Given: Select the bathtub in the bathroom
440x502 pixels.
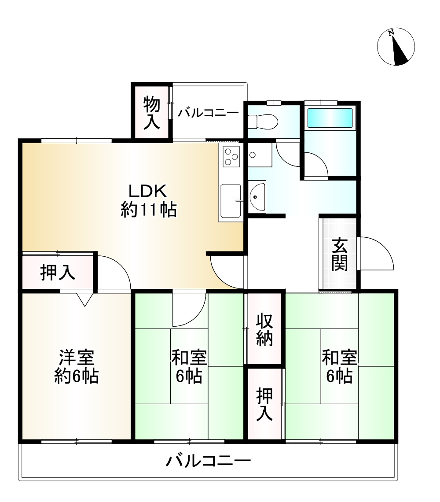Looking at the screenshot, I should [330, 118].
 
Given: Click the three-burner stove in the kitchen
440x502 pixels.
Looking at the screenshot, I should [231, 156].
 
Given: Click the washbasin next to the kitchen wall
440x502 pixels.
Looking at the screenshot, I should [257, 197].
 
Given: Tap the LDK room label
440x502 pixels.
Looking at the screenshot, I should [148, 200].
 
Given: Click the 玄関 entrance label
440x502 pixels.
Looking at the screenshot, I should [340, 254].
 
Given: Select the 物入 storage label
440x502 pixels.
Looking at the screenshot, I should [151, 113].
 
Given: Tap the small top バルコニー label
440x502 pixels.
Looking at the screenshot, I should [208, 113].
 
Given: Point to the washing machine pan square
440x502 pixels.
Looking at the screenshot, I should [260, 155].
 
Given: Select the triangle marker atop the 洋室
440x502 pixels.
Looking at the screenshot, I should [84, 299].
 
